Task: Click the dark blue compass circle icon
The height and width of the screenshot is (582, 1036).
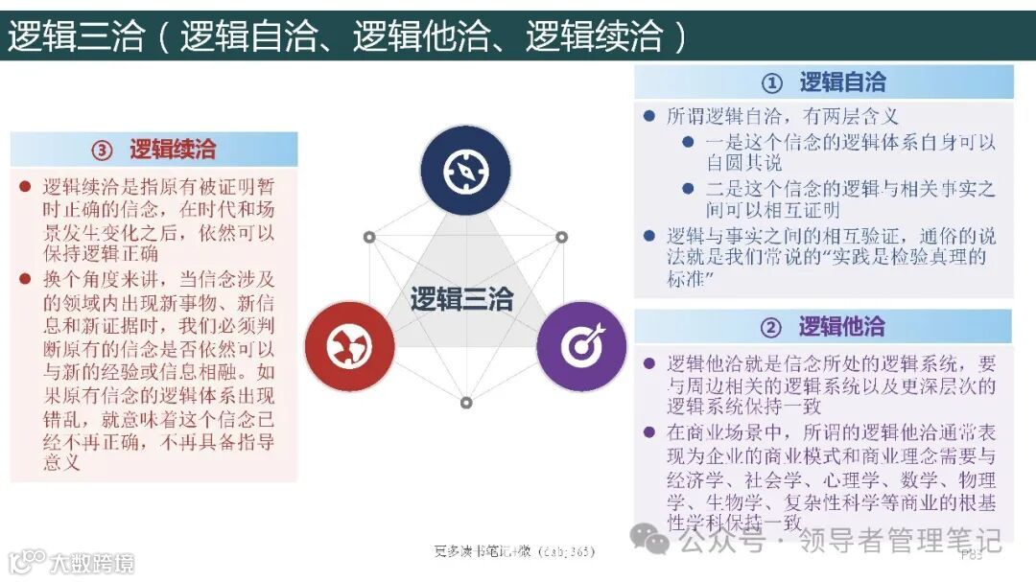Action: point(466,171)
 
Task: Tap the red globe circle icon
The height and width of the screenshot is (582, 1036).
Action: point(349,346)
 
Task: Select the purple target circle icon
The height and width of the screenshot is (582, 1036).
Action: point(580,346)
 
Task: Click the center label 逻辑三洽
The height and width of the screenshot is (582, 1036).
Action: point(462,299)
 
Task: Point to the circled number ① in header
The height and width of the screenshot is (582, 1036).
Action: point(772,83)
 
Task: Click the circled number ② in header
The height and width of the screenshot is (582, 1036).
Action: point(771,328)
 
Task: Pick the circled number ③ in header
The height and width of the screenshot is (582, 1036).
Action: point(102,151)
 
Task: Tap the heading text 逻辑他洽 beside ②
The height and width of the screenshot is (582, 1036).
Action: point(841,327)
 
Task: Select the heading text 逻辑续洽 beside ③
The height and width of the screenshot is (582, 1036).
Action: point(173,150)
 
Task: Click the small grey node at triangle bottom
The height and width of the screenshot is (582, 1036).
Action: point(466,403)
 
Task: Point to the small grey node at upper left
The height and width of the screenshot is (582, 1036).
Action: point(368,237)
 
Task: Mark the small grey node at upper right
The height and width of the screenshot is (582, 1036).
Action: point(562,237)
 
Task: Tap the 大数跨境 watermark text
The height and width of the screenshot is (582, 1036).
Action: point(92,563)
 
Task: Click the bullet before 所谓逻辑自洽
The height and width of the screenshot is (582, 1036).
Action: point(648,117)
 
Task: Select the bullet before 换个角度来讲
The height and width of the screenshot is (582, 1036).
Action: point(25,279)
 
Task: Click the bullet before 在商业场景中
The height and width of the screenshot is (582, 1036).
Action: point(648,432)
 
